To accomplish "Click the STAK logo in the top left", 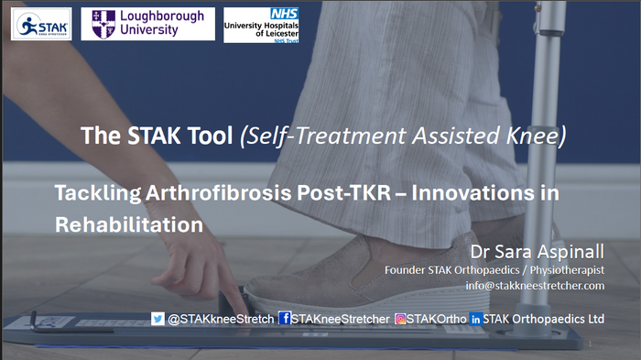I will (40, 24).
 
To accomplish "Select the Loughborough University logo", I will (147, 24).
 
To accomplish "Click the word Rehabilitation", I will (128, 223).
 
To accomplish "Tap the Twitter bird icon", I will (158, 319).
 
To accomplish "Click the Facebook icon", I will (285, 319).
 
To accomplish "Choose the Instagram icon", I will (401, 319).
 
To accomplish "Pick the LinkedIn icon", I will (475, 319).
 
